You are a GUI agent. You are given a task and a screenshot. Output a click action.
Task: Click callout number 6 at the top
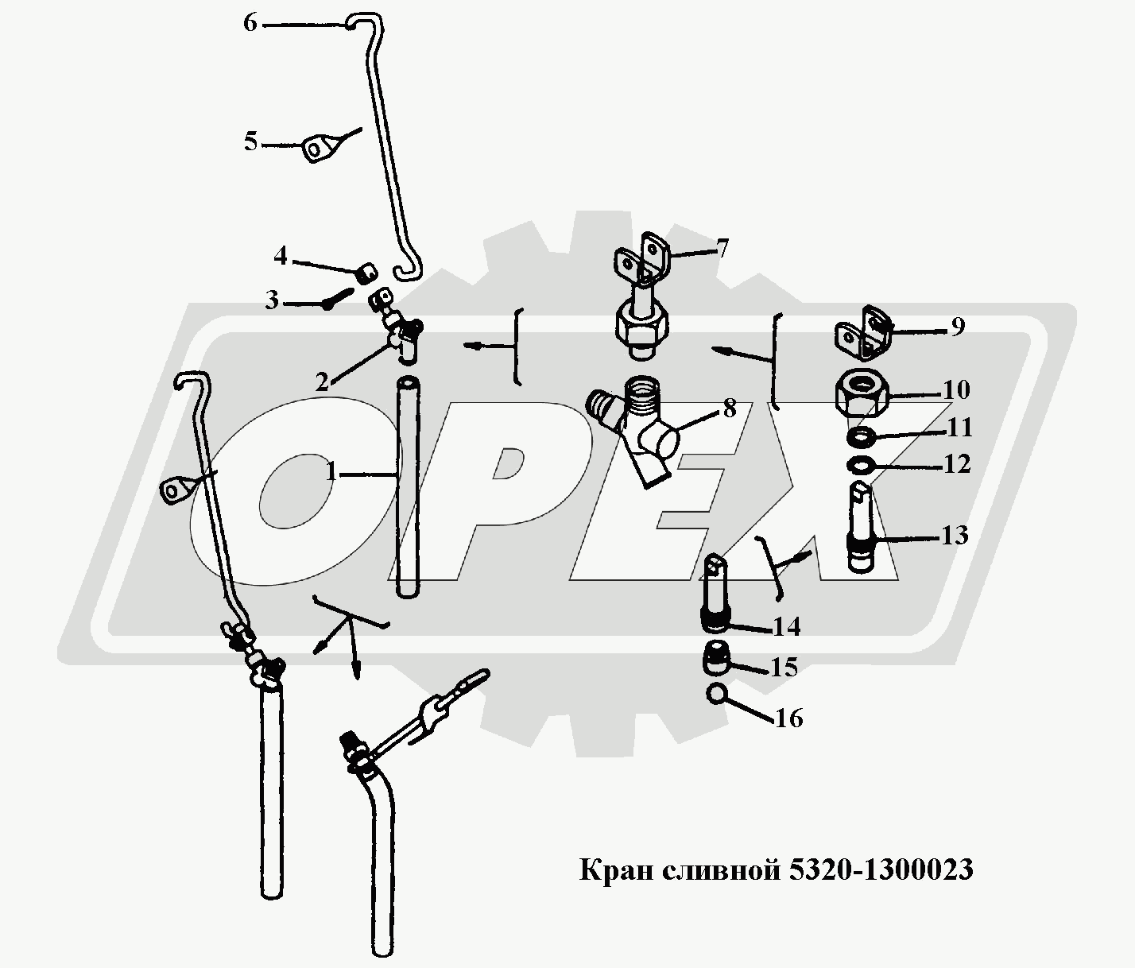pyautogui.click(x=250, y=24)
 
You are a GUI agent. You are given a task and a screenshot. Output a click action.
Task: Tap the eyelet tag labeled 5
pyautogui.click(x=319, y=149)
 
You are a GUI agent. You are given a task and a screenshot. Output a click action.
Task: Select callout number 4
pyautogui.click(x=280, y=256)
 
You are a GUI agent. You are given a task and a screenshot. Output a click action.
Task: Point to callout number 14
pyautogui.click(x=786, y=627)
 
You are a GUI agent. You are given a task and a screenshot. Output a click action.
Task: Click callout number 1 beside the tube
pyautogui.click(x=331, y=471)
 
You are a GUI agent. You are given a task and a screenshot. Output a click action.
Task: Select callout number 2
pyautogui.click(x=322, y=382)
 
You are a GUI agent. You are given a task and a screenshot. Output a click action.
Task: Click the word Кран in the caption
pyautogui.click(x=616, y=870)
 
